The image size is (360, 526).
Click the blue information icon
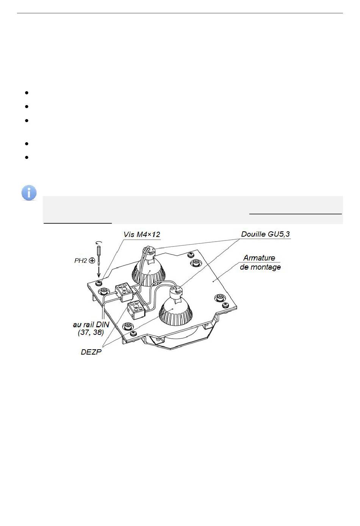point(29,193)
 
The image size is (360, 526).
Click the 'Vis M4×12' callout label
point(142,234)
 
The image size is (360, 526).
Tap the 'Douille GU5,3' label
point(265,234)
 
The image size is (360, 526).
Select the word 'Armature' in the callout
point(259,258)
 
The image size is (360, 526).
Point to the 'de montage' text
point(260,267)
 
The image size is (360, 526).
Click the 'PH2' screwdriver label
point(81,261)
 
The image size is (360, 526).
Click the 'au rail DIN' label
point(91,325)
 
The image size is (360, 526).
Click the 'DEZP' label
point(91,352)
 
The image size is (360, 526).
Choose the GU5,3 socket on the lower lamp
point(175,292)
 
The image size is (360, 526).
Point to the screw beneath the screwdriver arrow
point(99,283)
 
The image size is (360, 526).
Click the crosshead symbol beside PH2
point(92,261)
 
